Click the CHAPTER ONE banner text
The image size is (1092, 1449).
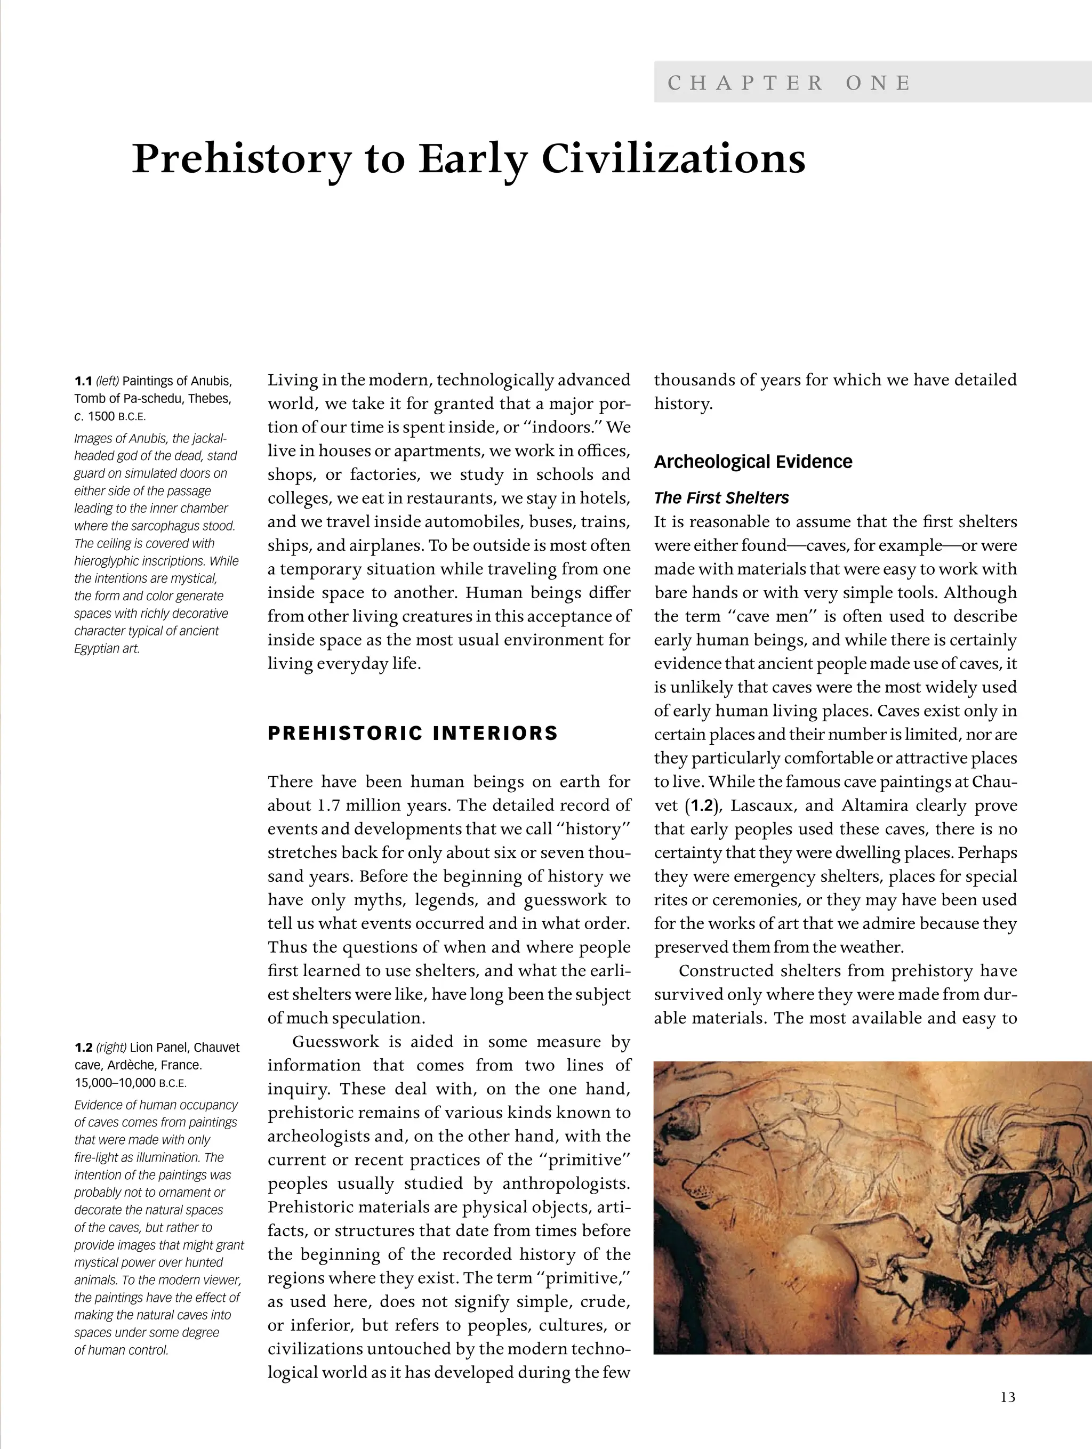[789, 83]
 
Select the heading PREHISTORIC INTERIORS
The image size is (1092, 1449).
[413, 733]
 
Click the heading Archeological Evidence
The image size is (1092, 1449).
[753, 462]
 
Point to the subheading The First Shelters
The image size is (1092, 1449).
[721, 498]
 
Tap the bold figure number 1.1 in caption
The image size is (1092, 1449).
[83, 381]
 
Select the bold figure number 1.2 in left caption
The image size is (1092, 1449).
[83, 1048]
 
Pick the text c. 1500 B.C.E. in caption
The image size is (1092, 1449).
[110, 416]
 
